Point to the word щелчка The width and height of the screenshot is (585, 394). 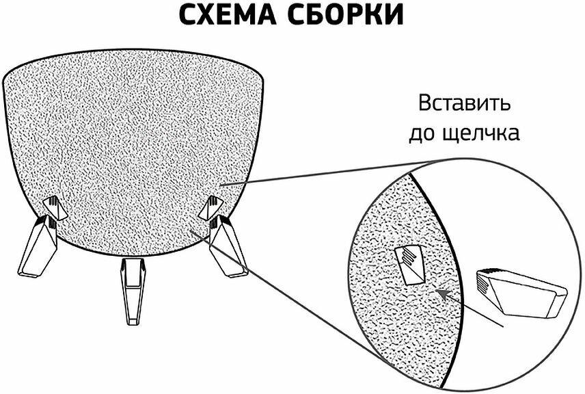(485, 133)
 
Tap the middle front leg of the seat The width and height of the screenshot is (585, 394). (133, 287)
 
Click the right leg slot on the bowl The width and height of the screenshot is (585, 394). (210, 206)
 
